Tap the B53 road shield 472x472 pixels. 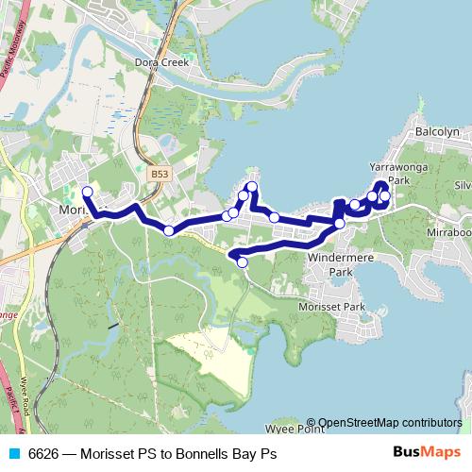click(x=159, y=175)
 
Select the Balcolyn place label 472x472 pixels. click(x=436, y=133)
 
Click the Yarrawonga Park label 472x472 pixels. click(x=411, y=172)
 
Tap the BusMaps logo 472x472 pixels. click(x=427, y=453)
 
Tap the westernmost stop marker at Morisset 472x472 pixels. click(x=87, y=193)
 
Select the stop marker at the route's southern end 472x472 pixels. click(x=242, y=262)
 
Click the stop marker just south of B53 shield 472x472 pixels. click(x=168, y=230)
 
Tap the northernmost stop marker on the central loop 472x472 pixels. click(x=252, y=186)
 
